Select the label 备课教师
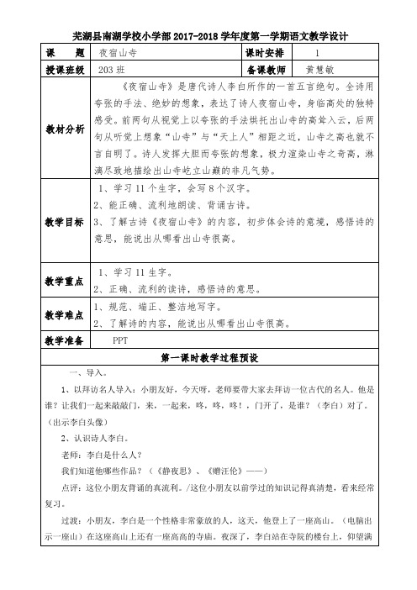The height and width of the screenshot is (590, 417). (268, 69)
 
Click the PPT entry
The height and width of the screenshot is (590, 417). (121, 340)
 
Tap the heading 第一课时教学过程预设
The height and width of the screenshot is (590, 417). (211, 357)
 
